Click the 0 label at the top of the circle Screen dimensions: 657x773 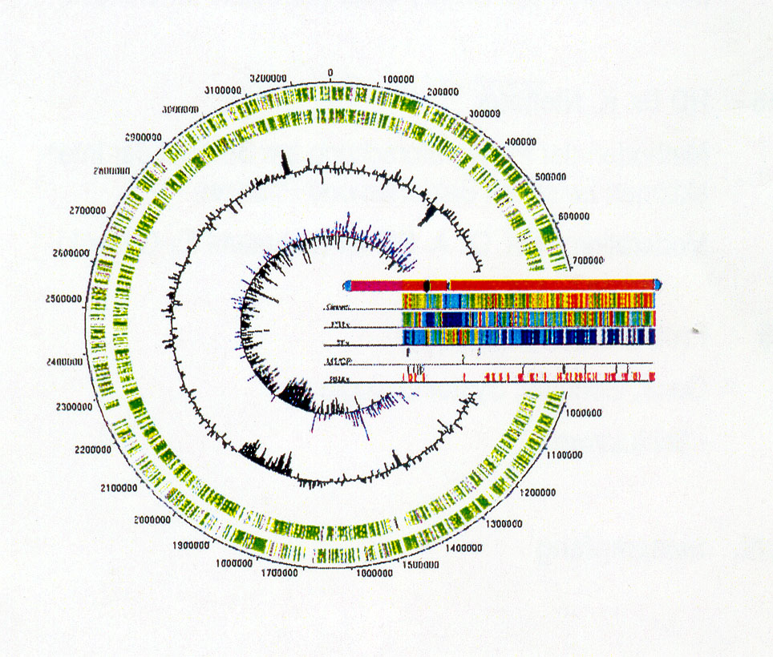click(x=330, y=72)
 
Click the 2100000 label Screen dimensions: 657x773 click(x=109, y=487)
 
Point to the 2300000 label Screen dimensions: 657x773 click(x=71, y=407)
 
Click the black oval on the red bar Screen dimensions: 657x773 click(x=427, y=285)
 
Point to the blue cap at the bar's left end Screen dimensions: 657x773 click(x=346, y=285)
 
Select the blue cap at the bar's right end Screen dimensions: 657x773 click(x=658, y=284)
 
